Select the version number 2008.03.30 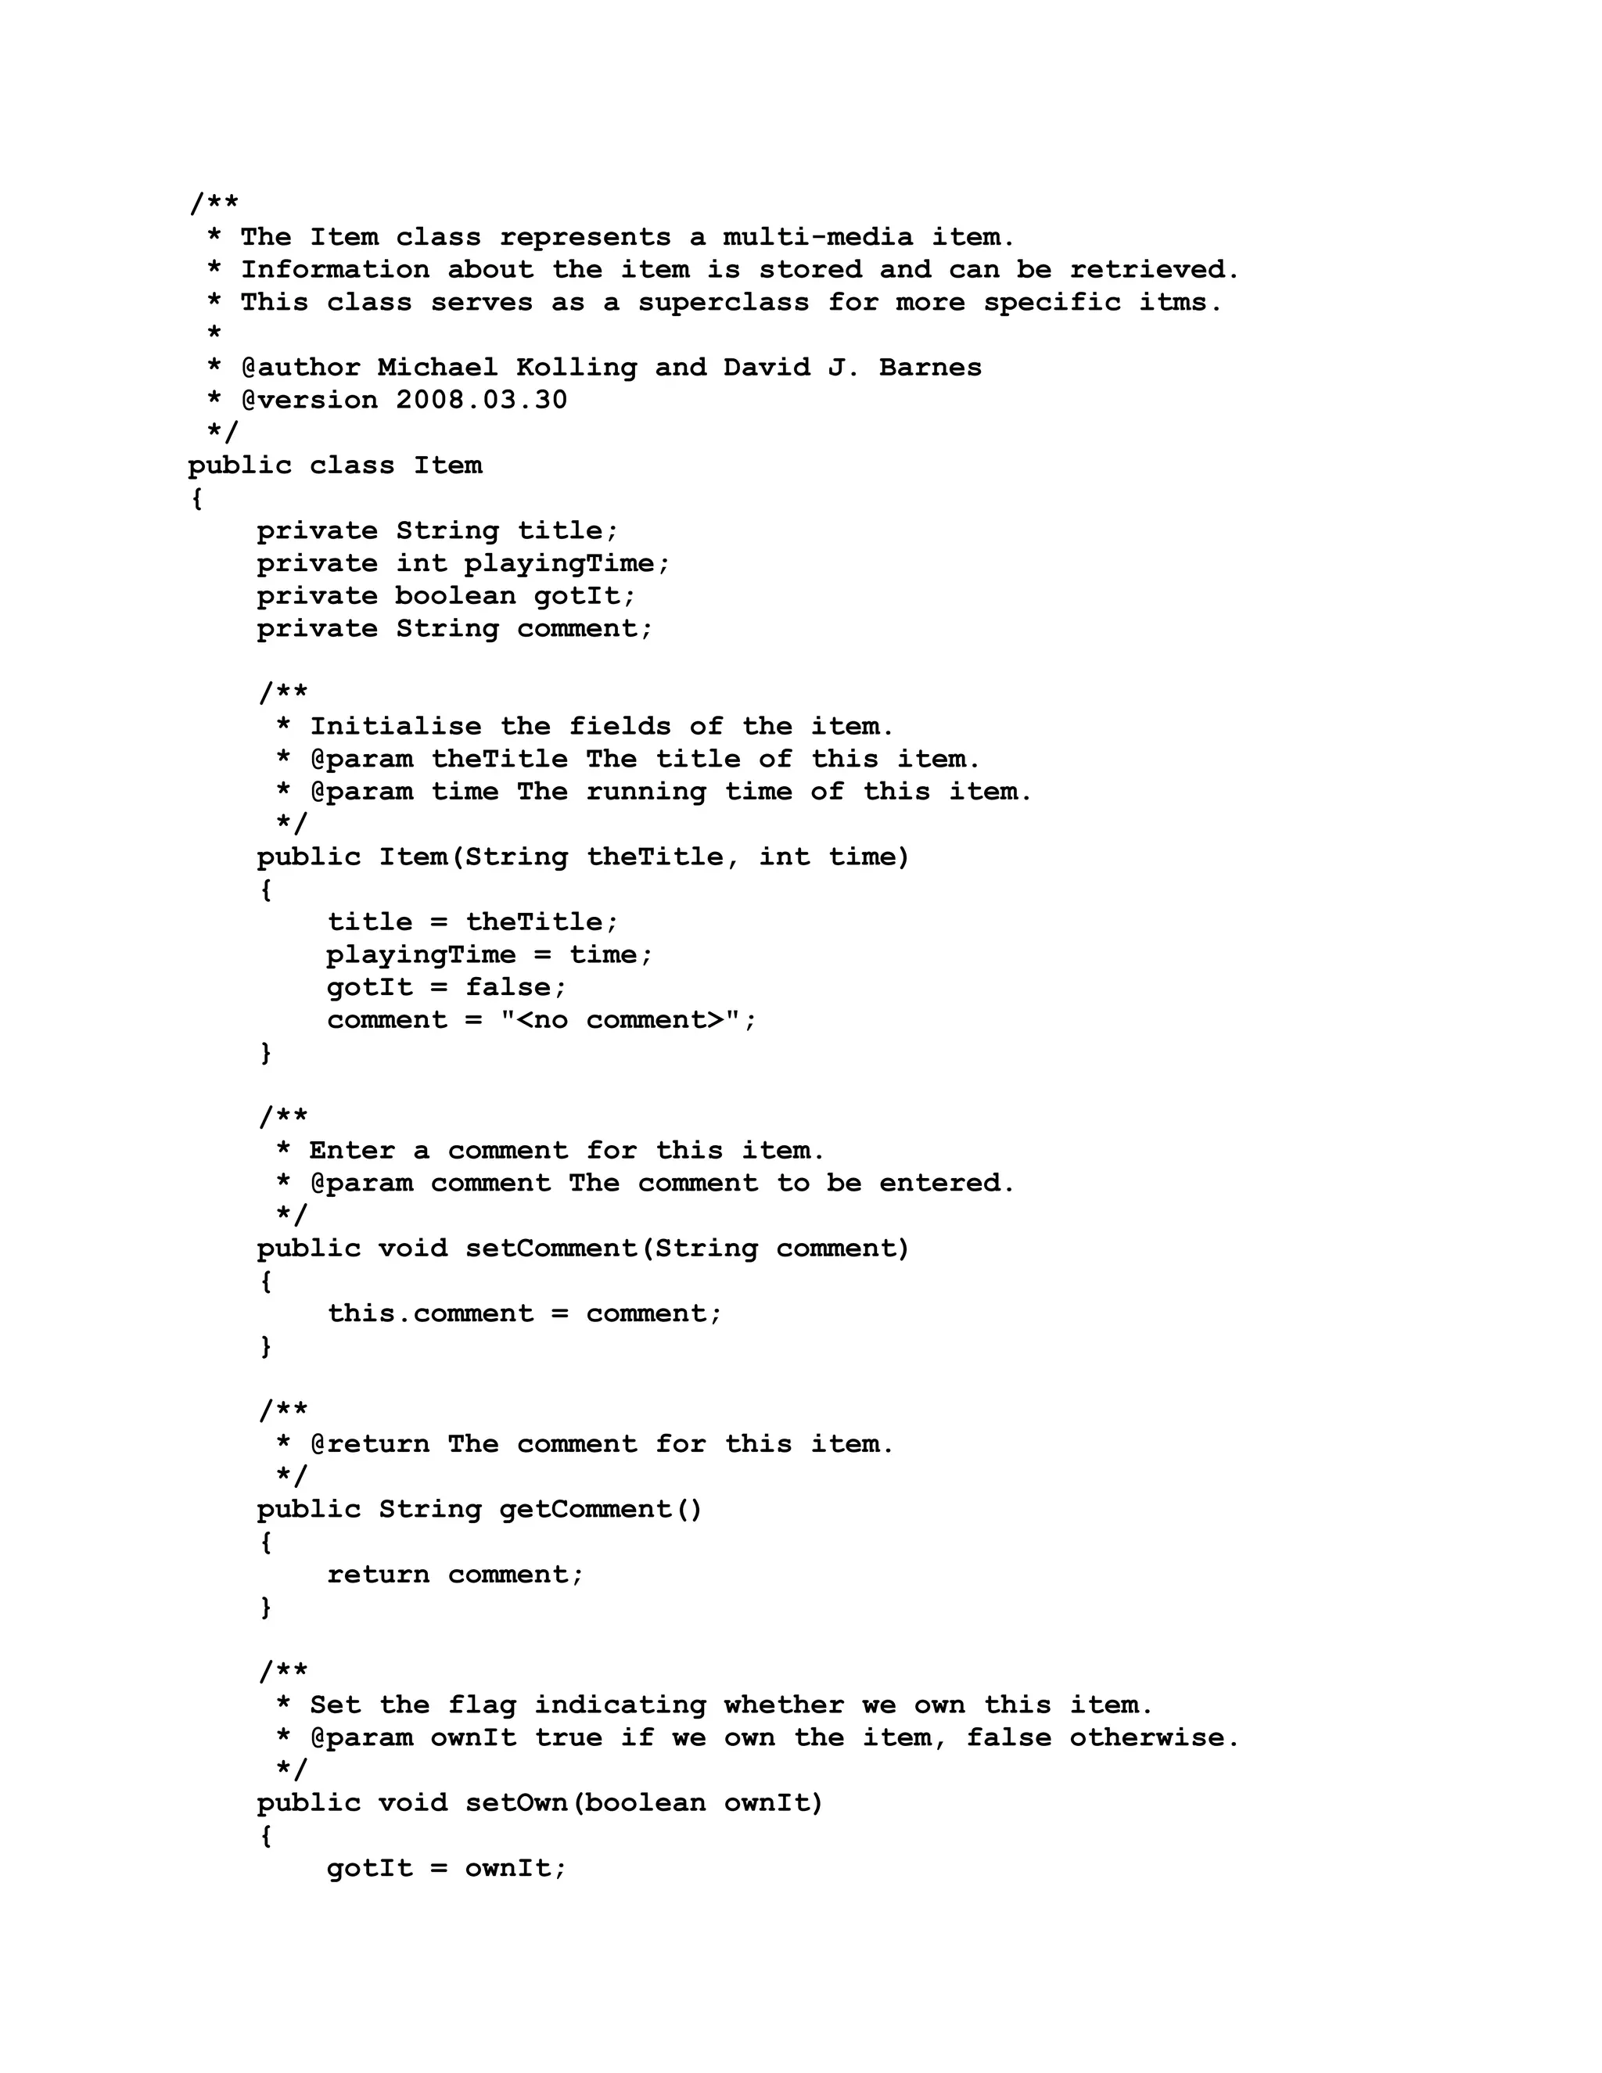481,400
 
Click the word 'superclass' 724,303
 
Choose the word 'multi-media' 818,237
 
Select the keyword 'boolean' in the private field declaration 455,596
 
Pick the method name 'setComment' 551,1249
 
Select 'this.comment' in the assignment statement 430,1313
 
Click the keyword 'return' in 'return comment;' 378,1575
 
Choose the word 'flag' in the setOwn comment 481,1705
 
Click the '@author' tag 301,368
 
